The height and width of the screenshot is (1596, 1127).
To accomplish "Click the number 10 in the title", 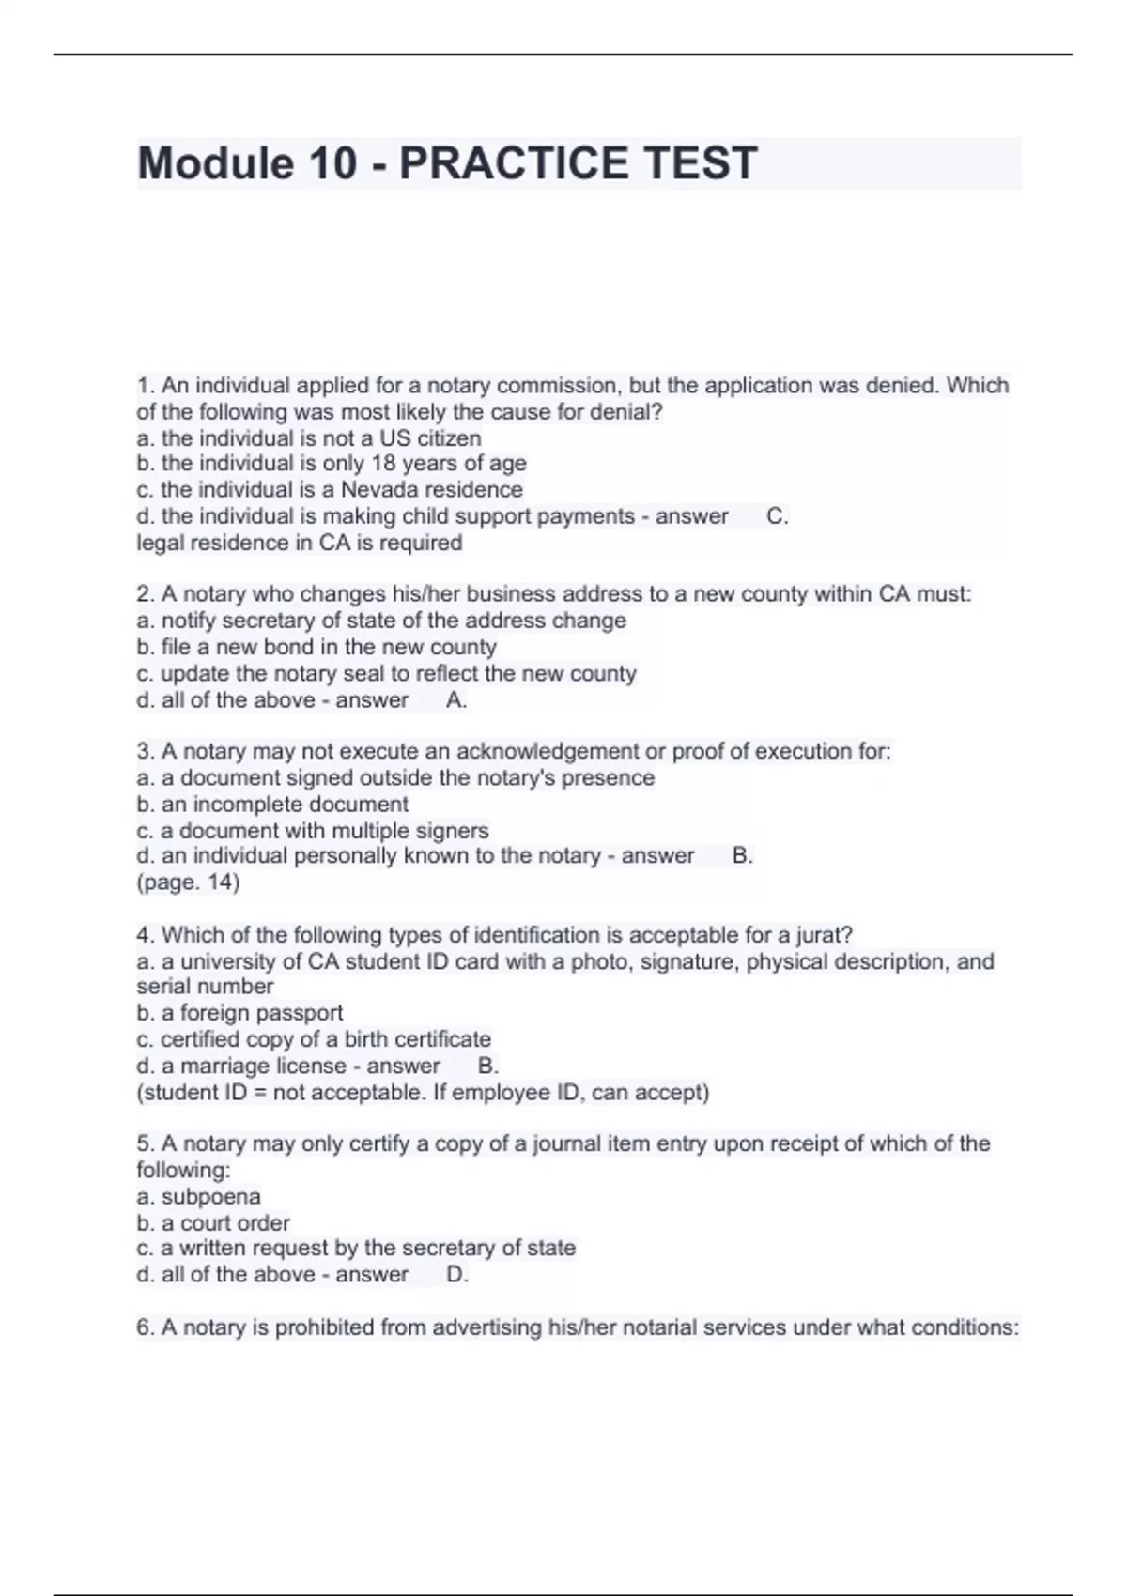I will tap(331, 163).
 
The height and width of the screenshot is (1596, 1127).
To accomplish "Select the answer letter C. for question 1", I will tap(777, 516).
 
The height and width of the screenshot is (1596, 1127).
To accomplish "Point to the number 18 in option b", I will tap(384, 464).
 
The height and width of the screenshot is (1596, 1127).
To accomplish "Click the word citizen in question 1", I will tap(449, 438).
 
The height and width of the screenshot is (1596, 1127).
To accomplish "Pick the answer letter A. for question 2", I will tap(456, 700).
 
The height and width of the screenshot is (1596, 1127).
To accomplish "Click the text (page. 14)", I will tap(188, 882).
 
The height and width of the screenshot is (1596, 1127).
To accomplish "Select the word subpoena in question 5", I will tap(211, 1197).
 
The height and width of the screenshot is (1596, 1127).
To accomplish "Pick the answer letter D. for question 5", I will tap(456, 1275).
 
